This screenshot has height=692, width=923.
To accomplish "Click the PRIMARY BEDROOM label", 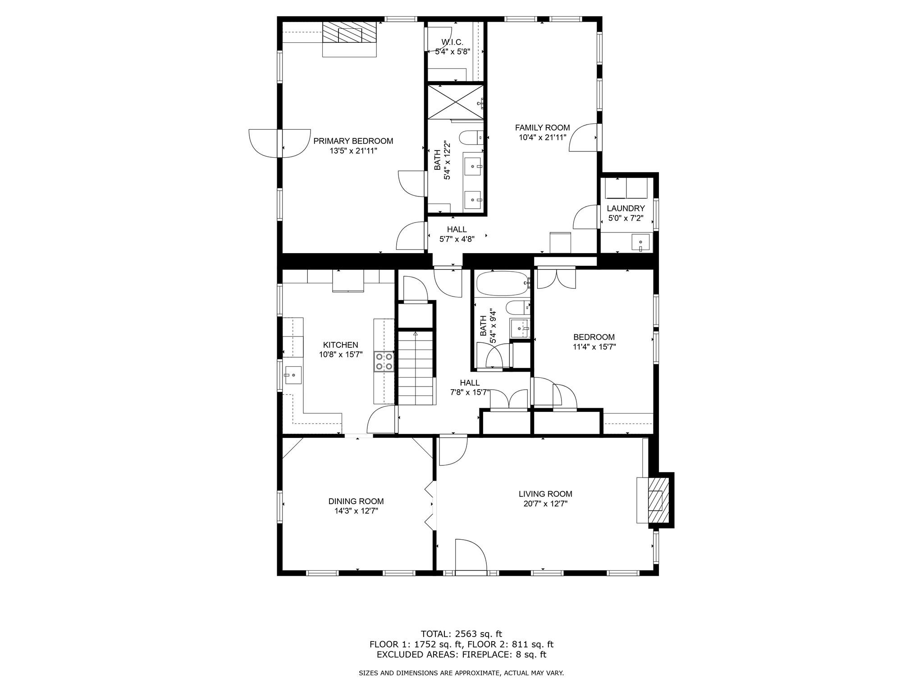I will (353, 141).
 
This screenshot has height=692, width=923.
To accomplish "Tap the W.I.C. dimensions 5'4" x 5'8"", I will (449, 51).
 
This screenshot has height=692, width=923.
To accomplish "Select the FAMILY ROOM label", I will (542, 127).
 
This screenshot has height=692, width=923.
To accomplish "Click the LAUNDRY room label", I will (626, 208).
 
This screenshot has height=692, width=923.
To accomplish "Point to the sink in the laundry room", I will (640, 243).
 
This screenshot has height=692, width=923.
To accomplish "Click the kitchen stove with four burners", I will (384, 362).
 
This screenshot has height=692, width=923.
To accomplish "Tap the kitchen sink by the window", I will (293, 374).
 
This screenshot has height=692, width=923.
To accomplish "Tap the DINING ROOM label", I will (356, 501).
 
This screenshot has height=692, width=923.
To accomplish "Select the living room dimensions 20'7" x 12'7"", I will (545, 504).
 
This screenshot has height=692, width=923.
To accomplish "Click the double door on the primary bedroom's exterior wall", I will (279, 143).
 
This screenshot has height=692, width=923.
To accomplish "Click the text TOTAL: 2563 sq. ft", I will (461, 634).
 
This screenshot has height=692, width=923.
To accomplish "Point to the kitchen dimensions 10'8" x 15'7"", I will (340, 355).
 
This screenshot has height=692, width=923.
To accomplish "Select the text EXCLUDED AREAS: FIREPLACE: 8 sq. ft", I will (461, 655).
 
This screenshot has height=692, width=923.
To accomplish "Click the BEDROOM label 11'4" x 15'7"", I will (594, 337).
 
